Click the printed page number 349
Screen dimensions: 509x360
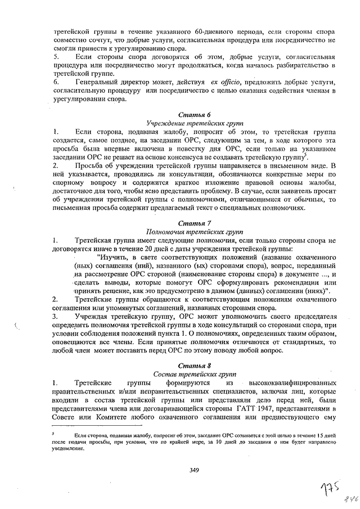pyautogui.click(x=195, y=470)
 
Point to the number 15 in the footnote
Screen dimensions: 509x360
pyautogui.click(x=320, y=435)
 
